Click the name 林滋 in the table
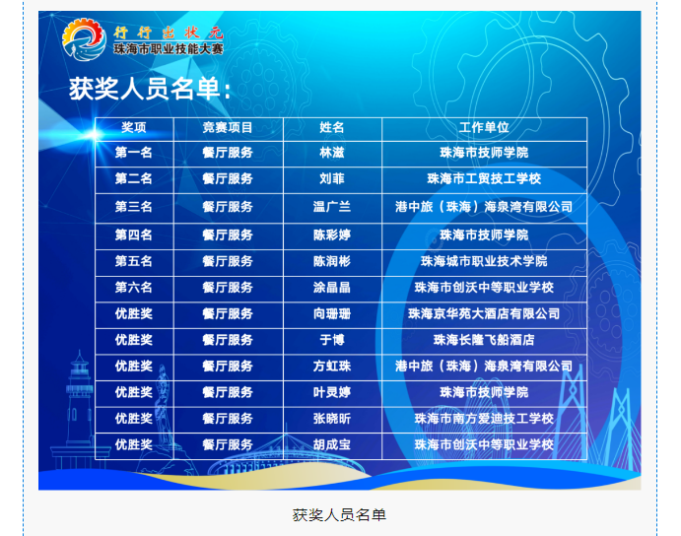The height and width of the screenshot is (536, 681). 332,153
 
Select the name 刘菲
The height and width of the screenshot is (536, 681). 332,178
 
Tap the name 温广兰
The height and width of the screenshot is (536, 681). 332,206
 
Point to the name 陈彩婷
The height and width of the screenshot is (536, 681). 332,234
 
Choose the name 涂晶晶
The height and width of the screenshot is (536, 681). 332,287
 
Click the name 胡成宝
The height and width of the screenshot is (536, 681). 332,444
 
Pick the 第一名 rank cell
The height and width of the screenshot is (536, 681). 134,153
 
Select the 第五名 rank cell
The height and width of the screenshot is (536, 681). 134,261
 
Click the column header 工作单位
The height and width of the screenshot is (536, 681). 484,127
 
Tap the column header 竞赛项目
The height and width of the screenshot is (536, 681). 228,127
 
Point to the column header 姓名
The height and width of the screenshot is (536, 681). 332,127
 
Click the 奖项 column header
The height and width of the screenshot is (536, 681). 134,127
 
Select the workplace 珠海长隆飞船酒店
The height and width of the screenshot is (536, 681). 484,340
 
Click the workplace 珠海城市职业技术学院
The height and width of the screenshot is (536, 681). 484,261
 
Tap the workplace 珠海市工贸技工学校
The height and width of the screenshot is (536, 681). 484,178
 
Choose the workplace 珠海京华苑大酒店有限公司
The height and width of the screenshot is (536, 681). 484,313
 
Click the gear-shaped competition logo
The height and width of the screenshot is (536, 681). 84,39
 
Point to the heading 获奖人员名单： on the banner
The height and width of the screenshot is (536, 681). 150,89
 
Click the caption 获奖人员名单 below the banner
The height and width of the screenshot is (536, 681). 339,515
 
